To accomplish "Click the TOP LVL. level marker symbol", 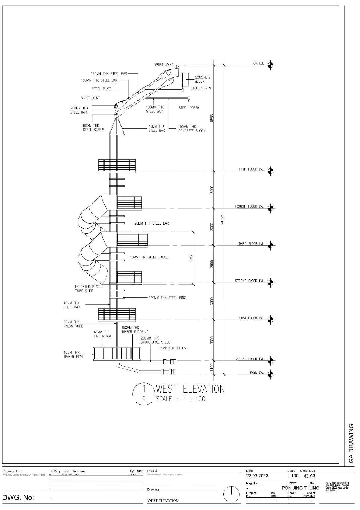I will click(x=270, y=65).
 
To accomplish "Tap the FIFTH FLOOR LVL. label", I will click(x=251, y=169).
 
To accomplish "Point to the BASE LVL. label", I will click(x=257, y=372).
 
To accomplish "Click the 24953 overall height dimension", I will click(x=222, y=219).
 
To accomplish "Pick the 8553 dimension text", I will click(x=212, y=118).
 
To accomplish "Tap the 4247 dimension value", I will click(x=191, y=258).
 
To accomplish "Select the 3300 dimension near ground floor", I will click(x=212, y=340).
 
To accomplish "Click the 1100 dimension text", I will click(x=212, y=367).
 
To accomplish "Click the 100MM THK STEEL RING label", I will click(x=167, y=297).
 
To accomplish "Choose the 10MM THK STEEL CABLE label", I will click(x=149, y=257).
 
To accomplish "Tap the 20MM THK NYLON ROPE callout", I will click(x=73, y=324).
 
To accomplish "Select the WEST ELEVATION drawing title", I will click(x=190, y=389).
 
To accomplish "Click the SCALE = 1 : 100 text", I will click(x=180, y=399).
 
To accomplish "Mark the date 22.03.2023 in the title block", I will click(x=257, y=476).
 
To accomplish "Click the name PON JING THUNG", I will click(x=300, y=488).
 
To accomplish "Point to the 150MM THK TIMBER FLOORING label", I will click(x=135, y=330).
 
